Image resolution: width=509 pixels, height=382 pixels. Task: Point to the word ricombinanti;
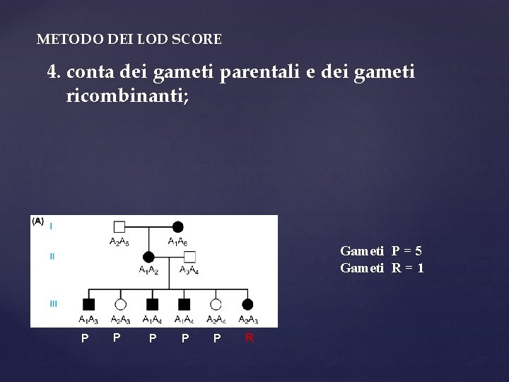pyautogui.click(x=127, y=95)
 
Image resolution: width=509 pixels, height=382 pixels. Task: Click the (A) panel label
pyautogui.click(x=38, y=221)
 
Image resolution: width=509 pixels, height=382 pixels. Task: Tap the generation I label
pyautogui.click(x=51, y=226)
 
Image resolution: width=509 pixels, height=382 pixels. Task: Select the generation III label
pyautogui.click(x=53, y=303)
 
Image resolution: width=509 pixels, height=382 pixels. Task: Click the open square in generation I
pyautogui.click(x=119, y=227)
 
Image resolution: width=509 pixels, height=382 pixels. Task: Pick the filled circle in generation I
pyautogui.click(x=177, y=227)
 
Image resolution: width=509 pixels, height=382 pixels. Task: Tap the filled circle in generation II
pyautogui.click(x=148, y=257)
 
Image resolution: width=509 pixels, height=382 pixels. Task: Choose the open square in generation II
pyautogui.click(x=189, y=257)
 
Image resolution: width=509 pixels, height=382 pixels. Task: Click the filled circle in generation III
pyautogui.click(x=247, y=304)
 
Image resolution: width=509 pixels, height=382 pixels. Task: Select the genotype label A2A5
pyautogui.click(x=119, y=242)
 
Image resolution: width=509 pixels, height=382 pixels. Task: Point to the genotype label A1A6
pyautogui.click(x=177, y=242)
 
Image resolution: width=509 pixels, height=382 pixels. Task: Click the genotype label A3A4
pyautogui.click(x=189, y=270)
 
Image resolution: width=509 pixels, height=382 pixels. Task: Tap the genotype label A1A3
pyautogui.click(x=88, y=320)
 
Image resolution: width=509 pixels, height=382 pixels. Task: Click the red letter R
pyautogui.click(x=249, y=338)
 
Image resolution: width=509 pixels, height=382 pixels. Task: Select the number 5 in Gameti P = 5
pyautogui.click(x=419, y=251)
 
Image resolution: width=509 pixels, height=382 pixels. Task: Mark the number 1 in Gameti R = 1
pyautogui.click(x=420, y=267)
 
